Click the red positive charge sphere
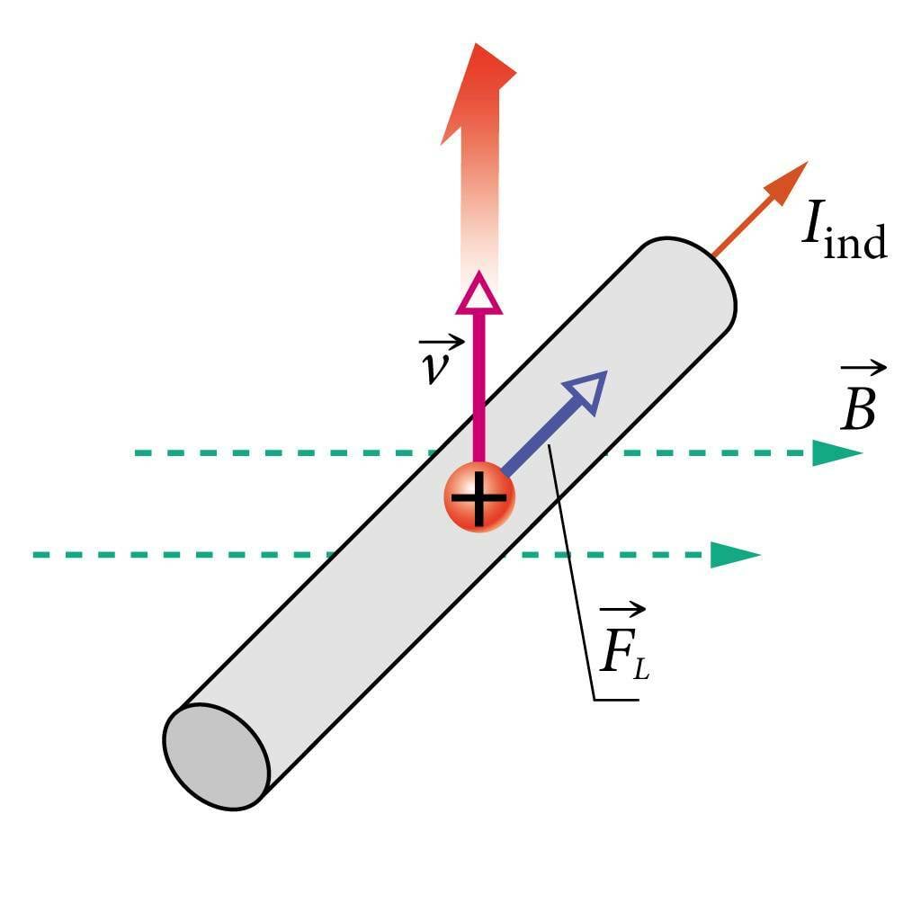coord(479,496)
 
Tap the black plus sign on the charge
coord(478,498)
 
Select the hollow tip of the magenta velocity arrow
coord(478,294)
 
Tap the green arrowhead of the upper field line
coord(836,453)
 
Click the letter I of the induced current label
coord(811,226)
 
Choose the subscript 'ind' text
coord(855,242)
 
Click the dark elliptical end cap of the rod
coord(217,756)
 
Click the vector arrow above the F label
coord(621,611)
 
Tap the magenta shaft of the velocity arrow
coord(478,387)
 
